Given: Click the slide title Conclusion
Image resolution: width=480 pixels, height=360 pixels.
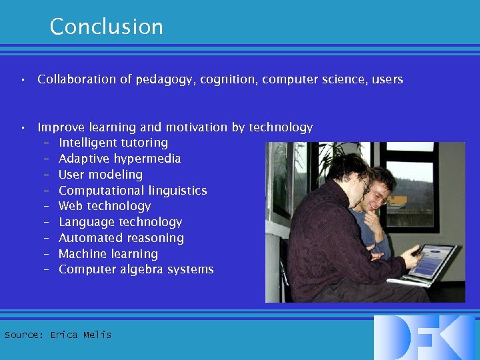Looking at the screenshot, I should point(106,27).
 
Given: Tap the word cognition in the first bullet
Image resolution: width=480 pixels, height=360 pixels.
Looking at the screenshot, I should point(228,79).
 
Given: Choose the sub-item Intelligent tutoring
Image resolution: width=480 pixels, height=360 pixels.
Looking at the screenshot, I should point(113,143).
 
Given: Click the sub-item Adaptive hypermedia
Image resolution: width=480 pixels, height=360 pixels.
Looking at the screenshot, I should point(119,159).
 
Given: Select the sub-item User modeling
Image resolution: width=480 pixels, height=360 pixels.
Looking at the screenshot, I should point(101,175).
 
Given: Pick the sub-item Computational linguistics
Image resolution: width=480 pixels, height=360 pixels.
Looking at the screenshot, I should point(133,191).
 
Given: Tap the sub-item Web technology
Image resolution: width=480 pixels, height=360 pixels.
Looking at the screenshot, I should point(105,206).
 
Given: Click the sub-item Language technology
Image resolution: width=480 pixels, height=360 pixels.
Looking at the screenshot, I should point(120,222).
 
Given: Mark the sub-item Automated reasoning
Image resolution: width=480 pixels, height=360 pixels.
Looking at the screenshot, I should point(121,238).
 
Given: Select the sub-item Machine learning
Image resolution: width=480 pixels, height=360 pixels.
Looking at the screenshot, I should point(108,254).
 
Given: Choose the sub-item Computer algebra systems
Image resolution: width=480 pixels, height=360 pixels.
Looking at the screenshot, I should point(136,270).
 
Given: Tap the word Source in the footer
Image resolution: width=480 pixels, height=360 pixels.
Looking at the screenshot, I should point(23,335).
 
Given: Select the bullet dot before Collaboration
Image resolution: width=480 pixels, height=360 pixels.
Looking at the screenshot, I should point(23,80).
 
